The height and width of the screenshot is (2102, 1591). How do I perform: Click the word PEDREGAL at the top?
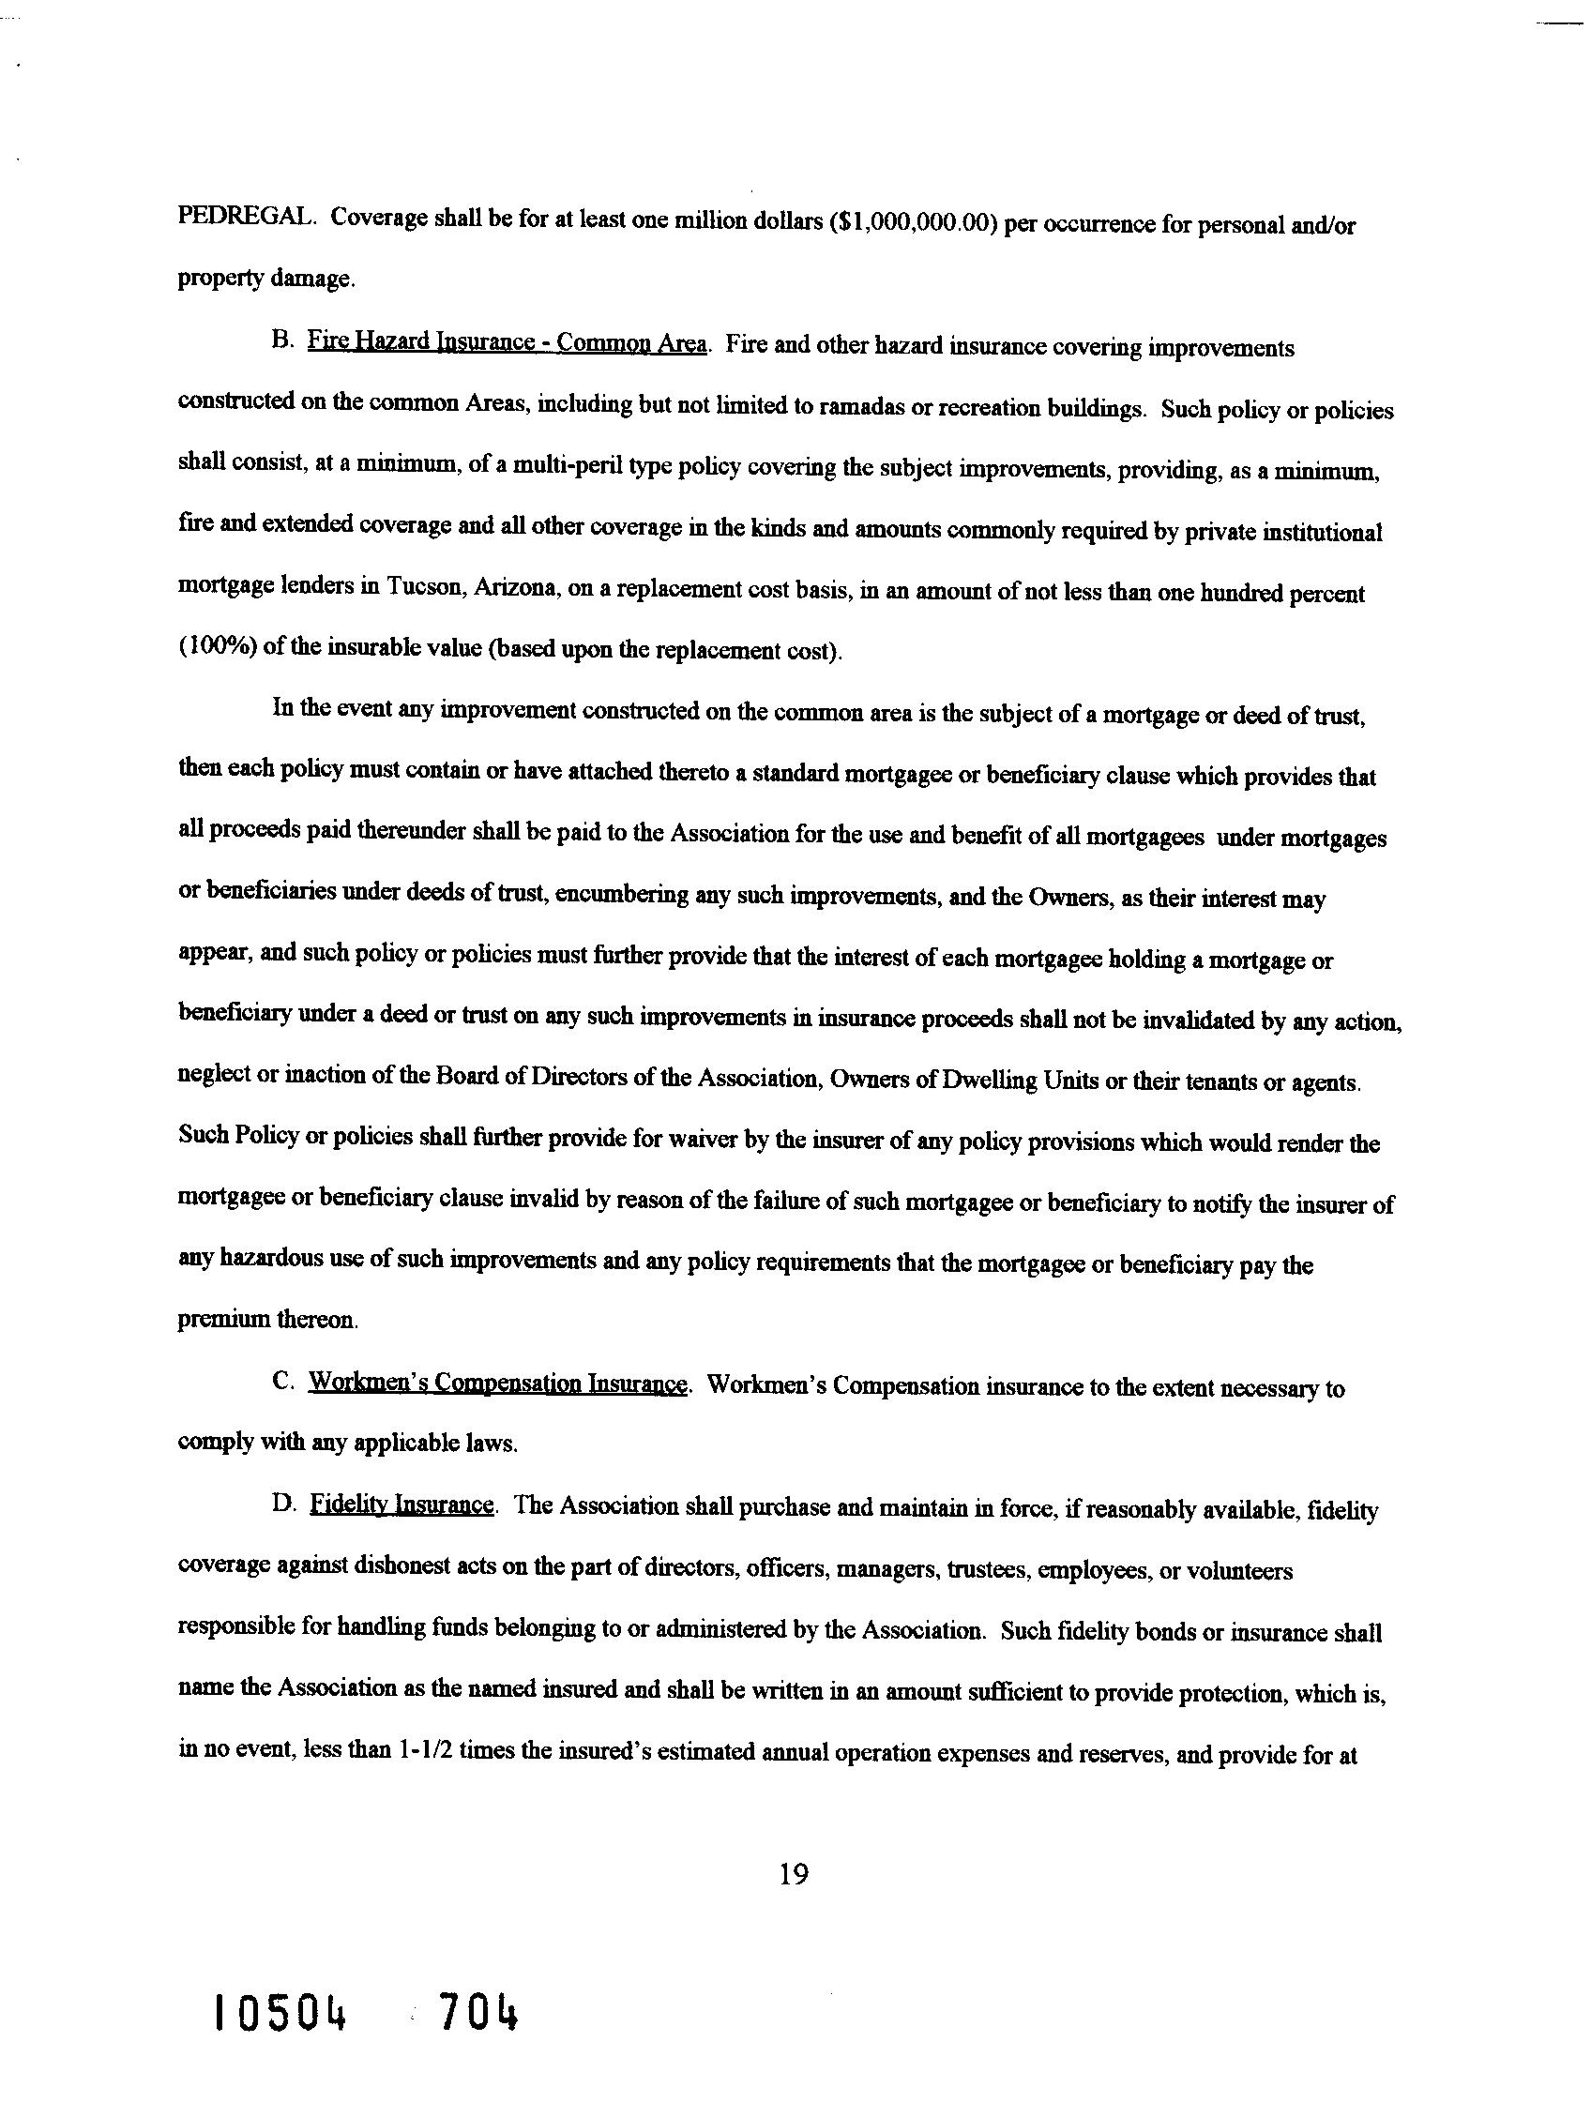point(244,217)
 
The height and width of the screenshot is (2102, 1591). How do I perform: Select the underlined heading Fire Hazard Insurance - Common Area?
point(507,342)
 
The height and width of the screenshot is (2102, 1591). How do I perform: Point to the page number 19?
point(793,1873)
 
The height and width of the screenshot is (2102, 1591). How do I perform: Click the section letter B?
point(280,341)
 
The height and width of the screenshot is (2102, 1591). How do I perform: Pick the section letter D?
point(282,1505)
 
